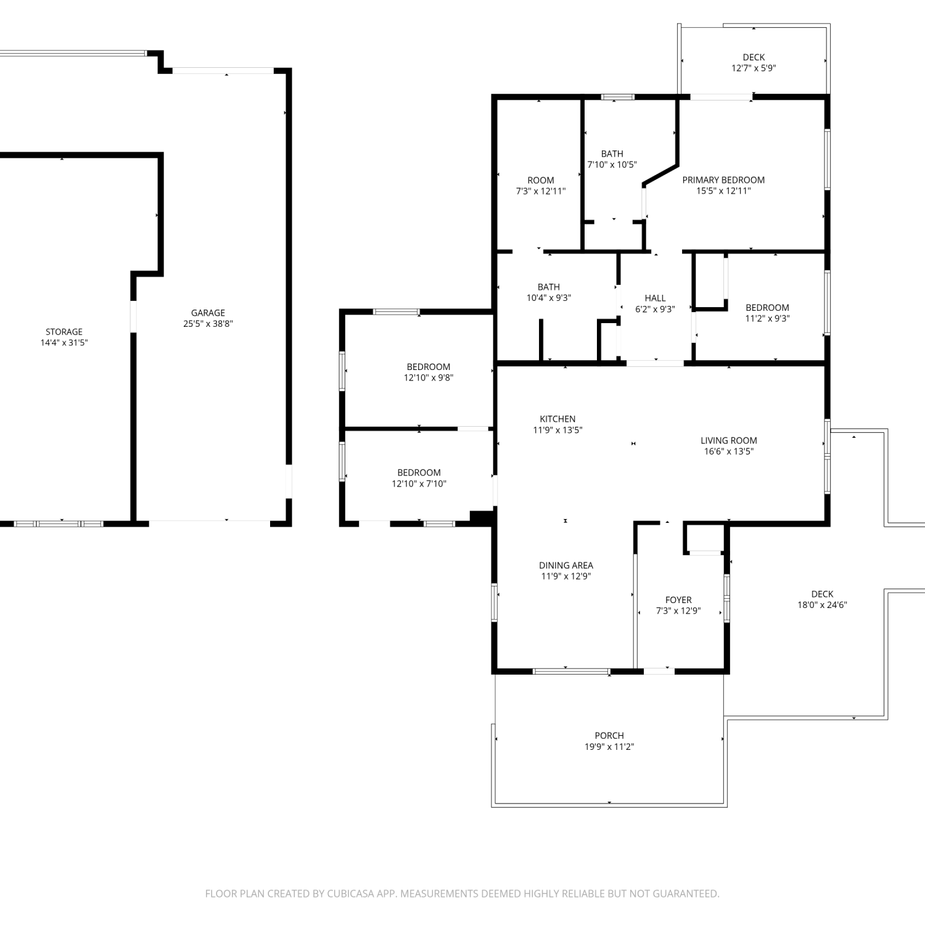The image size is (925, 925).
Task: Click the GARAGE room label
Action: [208, 313]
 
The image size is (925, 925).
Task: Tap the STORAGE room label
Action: [64, 332]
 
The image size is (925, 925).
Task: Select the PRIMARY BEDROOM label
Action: [723, 180]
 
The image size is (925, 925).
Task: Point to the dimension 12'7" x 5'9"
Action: [754, 68]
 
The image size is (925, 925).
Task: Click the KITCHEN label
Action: [557, 419]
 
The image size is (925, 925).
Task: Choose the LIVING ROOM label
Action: [729, 440]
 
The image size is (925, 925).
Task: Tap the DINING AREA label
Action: [566, 565]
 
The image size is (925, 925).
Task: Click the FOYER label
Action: [678, 600]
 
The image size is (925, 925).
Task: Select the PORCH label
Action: [609, 736]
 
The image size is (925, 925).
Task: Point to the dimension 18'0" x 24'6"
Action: [822, 605]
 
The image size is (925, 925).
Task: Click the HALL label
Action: [655, 298]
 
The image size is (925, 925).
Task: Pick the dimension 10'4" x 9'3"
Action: [549, 298]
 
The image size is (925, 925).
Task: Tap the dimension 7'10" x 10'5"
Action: [612, 165]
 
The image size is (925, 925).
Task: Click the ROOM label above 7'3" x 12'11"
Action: [541, 181]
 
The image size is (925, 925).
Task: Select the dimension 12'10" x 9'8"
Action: [429, 378]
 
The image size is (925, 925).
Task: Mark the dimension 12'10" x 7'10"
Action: [419, 484]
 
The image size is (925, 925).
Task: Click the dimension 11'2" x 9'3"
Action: [767, 319]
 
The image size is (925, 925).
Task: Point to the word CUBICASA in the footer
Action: [350, 894]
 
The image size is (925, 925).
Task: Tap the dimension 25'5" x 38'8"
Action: [208, 324]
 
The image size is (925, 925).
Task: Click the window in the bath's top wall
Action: [617, 97]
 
